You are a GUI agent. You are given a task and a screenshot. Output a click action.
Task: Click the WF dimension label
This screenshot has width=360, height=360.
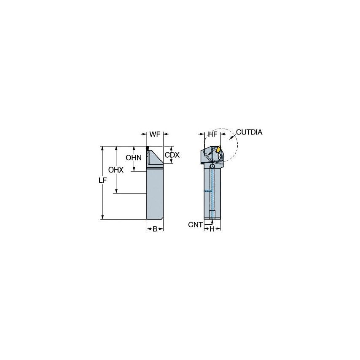click(x=155, y=134)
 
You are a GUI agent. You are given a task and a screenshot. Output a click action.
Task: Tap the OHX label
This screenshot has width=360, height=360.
click(x=116, y=170)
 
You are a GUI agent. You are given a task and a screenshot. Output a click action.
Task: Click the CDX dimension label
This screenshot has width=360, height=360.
click(x=172, y=155)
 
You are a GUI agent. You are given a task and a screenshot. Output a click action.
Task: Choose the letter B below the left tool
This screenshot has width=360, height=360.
click(x=155, y=229)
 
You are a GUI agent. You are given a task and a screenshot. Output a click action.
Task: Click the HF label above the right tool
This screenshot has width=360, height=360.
click(x=212, y=134)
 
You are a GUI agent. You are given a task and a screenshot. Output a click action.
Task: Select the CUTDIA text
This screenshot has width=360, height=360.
click(x=249, y=132)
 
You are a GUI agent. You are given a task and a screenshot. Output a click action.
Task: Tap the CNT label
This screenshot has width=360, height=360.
click(x=195, y=225)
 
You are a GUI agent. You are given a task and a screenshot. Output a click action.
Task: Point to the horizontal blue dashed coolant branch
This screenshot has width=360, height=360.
click(x=208, y=191)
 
